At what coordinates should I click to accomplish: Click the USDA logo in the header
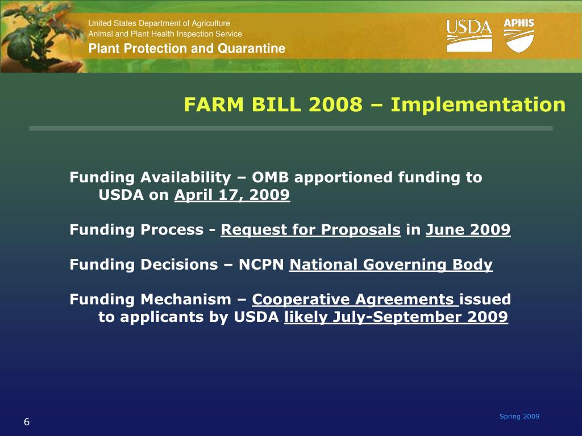[x=469, y=35]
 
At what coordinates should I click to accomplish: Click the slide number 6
[x=27, y=422]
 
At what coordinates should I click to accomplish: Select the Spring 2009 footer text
[x=519, y=417]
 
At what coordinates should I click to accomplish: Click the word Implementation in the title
[x=478, y=105]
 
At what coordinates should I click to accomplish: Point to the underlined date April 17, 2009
[x=232, y=195]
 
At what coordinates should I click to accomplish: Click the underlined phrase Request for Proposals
[x=310, y=230]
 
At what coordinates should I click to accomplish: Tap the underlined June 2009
[x=468, y=230]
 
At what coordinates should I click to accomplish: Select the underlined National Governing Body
[x=390, y=265]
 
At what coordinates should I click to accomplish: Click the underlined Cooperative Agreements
[x=355, y=299]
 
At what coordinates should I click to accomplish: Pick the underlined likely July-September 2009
[x=396, y=317]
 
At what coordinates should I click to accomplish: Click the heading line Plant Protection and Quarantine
[x=186, y=48]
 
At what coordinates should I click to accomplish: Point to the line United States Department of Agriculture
[x=159, y=23]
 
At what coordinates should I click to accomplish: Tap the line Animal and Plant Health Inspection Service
[x=165, y=34]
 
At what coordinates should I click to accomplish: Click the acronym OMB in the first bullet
[x=271, y=178]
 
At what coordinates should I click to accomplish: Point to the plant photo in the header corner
[x=40, y=37]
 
